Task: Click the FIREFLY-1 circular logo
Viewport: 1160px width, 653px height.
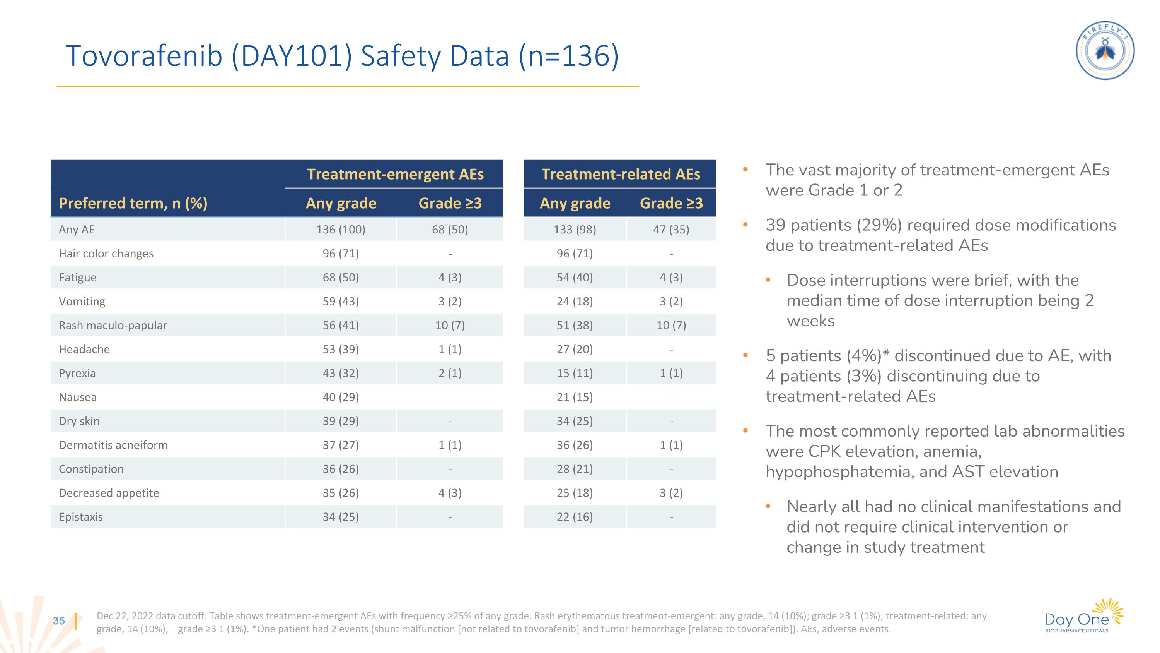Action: click(1105, 50)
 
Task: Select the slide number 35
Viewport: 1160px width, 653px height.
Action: click(59, 620)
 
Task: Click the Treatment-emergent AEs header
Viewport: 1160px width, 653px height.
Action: click(395, 174)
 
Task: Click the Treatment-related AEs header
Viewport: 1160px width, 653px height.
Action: click(620, 174)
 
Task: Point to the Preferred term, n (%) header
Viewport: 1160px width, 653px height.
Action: click(133, 203)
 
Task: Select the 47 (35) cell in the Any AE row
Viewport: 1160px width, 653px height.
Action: click(671, 230)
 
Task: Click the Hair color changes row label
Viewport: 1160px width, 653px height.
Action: click(106, 253)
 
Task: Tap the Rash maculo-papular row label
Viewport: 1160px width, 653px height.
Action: click(113, 326)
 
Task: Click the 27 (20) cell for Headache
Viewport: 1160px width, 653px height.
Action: click(575, 349)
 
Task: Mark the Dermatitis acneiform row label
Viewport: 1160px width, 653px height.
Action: click(113, 445)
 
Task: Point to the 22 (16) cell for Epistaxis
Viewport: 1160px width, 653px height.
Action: click(575, 517)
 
